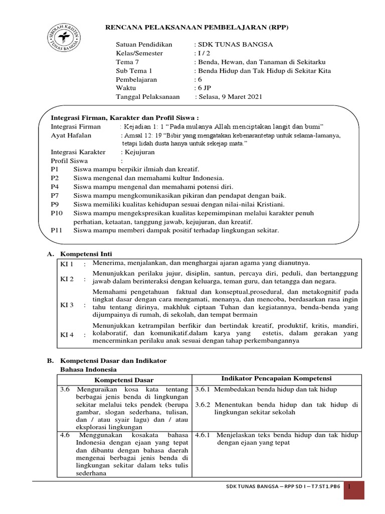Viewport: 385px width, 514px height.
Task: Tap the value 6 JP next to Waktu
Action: click(x=204, y=88)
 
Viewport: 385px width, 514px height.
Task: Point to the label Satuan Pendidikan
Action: click(x=144, y=44)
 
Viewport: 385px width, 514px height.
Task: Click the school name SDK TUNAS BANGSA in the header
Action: click(x=235, y=44)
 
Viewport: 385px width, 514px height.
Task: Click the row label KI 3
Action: click(x=67, y=305)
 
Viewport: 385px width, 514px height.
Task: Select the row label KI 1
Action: click(x=67, y=264)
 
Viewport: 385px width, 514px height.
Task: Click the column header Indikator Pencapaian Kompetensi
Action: click(x=276, y=378)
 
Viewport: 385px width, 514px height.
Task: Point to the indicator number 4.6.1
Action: click(x=204, y=435)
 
